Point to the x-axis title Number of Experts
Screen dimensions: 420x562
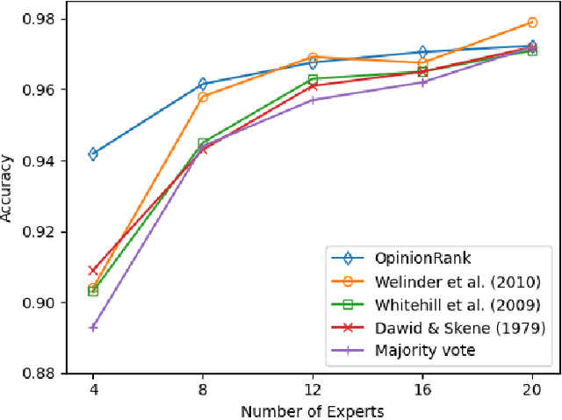tap(313, 410)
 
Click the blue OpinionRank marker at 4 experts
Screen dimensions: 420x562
tap(93, 154)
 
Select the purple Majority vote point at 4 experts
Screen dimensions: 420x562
tap(93, 327)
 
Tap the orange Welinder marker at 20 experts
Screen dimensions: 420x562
tap(532, 23)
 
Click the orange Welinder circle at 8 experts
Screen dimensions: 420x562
tap(203, 96)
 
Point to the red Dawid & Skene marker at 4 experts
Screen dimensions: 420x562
tap(93, 270)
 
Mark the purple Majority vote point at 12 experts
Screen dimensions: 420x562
tap(313, 100)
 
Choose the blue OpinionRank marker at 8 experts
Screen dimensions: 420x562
tap(203, 84)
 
